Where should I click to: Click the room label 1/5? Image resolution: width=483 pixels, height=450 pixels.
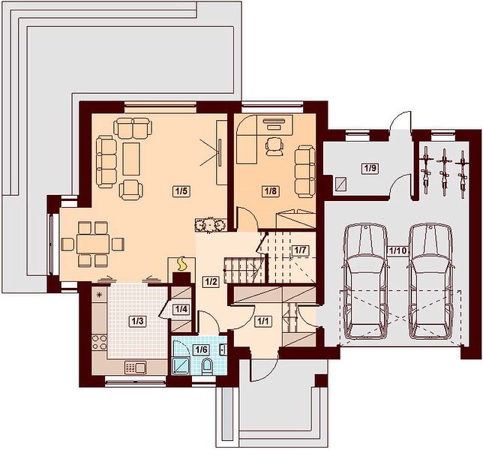(x=181, y=191)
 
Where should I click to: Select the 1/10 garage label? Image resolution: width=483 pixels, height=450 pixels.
(x=397, y=250)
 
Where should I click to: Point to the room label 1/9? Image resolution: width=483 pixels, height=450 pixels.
(x=370, y=169)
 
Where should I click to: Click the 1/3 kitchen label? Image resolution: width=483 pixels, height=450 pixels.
(x=137, y=321)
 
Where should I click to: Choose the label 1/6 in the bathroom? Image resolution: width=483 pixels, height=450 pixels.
(x=201, y=350)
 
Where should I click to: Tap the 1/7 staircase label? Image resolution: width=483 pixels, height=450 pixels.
(x=300, y=250)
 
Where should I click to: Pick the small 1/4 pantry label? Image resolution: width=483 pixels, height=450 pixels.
(x=181, y=309)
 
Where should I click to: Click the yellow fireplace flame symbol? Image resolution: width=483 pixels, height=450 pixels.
(x=181, y=264)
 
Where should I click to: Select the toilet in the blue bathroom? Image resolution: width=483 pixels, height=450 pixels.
(x=207, y=367)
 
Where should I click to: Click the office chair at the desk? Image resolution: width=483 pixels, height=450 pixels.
(x=274, y=146)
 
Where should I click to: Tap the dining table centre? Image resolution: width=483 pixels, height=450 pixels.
(x=93, y=244)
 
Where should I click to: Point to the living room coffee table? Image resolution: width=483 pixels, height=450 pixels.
(x=131, y=159)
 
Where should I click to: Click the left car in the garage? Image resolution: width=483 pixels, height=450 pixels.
(x=366, y=282)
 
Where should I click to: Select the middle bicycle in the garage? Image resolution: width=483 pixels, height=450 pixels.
(x=443, y=172)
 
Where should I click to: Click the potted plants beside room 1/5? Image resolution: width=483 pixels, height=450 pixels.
(x=211, y=225)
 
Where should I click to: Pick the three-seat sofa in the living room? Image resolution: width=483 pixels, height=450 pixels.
(x=106, y=162)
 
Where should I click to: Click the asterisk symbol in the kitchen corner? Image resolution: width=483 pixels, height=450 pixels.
(x=99, y=295)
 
